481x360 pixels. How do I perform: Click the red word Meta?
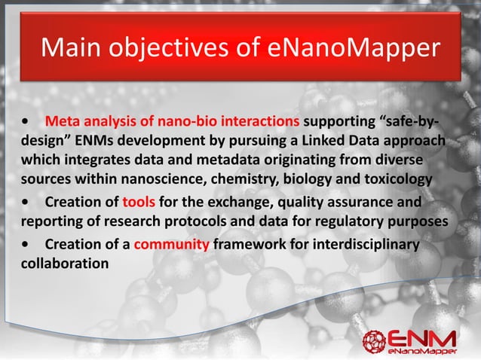(61, 121)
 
